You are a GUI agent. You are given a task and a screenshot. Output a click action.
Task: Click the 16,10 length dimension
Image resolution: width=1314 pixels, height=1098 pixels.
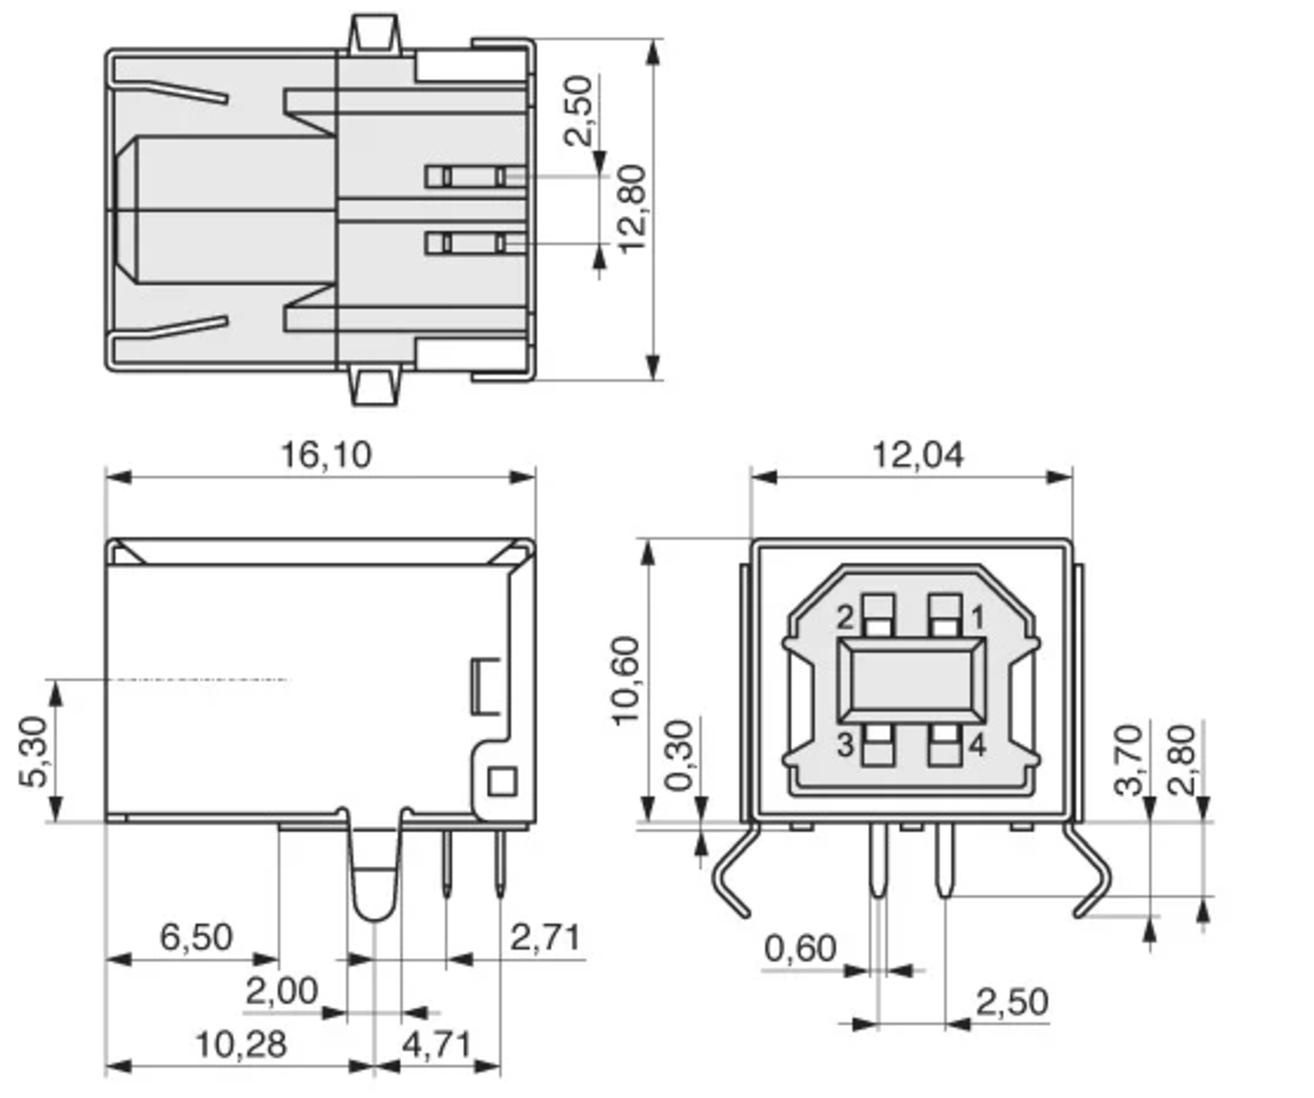coord(326,455)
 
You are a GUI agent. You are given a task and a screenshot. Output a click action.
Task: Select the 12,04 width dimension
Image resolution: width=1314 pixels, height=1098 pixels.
coord(917,455)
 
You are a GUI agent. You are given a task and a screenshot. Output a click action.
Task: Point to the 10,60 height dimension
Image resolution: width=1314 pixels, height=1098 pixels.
coord(626,680)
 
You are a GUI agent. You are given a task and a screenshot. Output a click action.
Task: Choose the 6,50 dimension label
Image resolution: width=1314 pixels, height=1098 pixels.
coord(197,937)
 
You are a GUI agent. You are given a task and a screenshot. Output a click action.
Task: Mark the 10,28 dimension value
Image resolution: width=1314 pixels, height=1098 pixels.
coord(241,1044)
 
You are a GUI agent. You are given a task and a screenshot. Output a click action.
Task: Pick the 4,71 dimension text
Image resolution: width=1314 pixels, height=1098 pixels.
coord(436,1044)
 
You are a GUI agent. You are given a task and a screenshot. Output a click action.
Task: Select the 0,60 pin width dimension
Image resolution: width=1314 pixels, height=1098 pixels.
coord(800,948)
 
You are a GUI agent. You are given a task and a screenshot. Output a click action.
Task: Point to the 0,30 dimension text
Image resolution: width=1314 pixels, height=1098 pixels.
coord(679,756)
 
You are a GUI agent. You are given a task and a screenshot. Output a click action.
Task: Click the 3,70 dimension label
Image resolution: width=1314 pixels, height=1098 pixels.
coord(1129,759)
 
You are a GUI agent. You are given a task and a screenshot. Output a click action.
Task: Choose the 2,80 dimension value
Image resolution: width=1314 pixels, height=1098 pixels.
coord(1182,759)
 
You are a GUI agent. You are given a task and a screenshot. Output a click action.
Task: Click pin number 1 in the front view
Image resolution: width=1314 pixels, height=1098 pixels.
coord(977,618)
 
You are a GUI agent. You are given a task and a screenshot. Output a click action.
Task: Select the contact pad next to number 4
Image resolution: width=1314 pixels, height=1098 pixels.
coord(945,746)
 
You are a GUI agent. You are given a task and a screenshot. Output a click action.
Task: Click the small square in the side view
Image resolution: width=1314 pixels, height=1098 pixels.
coord(502,782)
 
